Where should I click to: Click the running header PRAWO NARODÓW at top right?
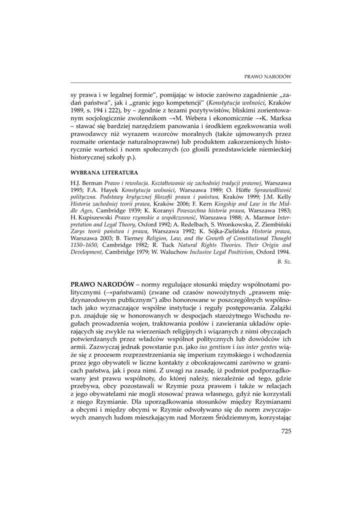pos(267,76)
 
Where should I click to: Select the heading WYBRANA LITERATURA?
pos(99,172)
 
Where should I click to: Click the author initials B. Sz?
pos(284,261)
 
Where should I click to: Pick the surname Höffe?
pos(250,191)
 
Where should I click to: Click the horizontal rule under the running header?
pos(181,82)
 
